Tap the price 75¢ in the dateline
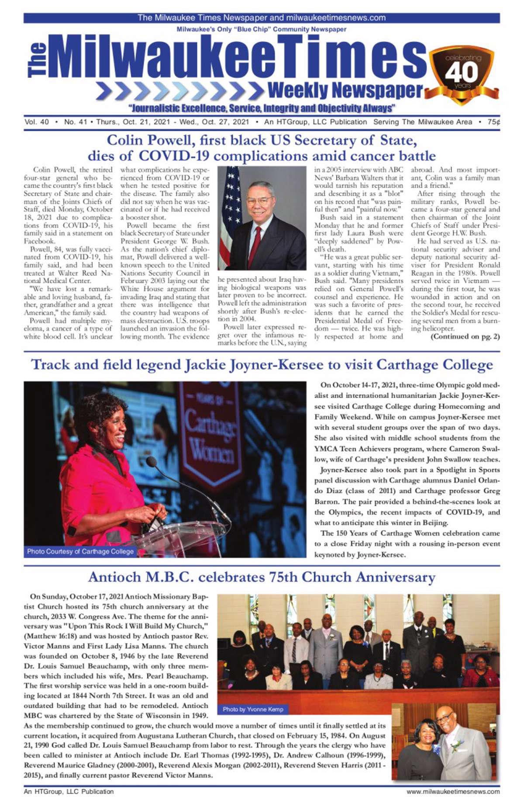pos(494,122)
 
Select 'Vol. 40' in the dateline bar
pos(37,122)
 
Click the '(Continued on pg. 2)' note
pos(465,336)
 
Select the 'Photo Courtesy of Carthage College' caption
pos(80,551)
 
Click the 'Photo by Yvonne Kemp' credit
pos(253,709)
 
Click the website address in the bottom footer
pos(453,791)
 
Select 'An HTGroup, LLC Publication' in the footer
pos(69,791)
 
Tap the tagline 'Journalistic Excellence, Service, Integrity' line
pos(261,108)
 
